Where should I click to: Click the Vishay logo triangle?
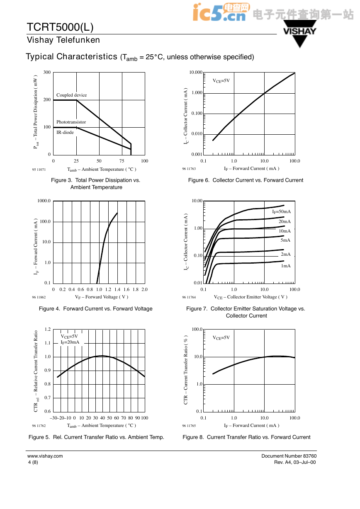coord(300,34)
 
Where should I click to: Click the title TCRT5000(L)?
coord(60,27)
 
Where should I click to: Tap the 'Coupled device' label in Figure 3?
coord(71,95)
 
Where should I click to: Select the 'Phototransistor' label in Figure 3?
coord(71,122)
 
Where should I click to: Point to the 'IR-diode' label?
coord(65,132)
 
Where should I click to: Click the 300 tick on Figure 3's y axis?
coord(47,72)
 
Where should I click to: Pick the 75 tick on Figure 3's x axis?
coord(122,161)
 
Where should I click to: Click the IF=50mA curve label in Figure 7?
coord(282,211)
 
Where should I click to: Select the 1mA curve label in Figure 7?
coord(286,266)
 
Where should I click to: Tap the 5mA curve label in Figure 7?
coord(285,240)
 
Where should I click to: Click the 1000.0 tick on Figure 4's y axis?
coord(44,201)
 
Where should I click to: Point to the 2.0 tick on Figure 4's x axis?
coord(144,289)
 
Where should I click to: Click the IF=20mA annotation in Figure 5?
coord(70,342)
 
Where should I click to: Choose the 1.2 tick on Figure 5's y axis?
coord(48,329)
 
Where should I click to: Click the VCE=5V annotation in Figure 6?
coord(221,81)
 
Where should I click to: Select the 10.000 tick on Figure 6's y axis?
coord(196,72)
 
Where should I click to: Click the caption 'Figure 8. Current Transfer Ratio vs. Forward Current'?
coord(246,437)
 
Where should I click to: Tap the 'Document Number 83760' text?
coord(289,456)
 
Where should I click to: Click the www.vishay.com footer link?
coord(45,456)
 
